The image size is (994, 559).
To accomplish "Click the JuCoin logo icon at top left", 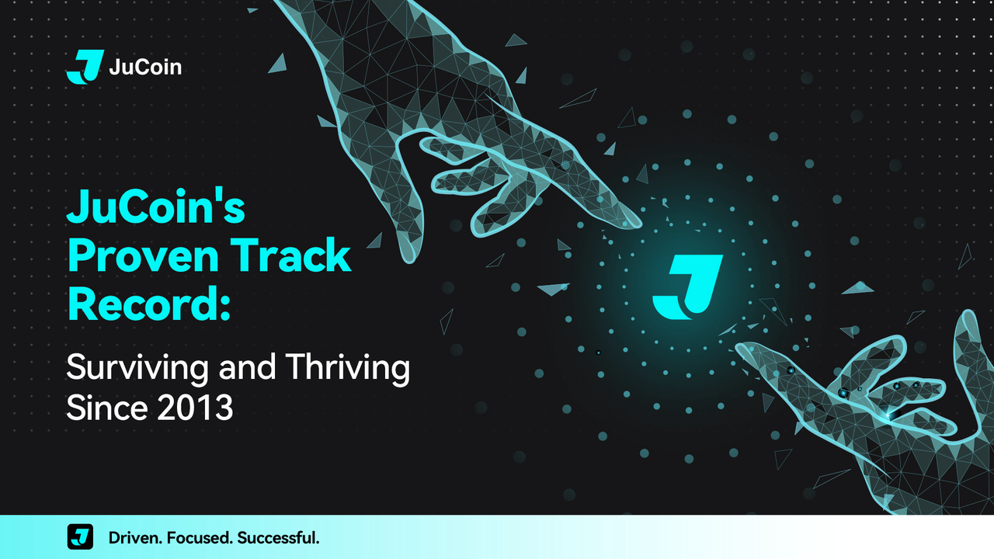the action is click(x=85, y=67).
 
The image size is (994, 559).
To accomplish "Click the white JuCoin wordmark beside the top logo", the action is click(x=145, y=67).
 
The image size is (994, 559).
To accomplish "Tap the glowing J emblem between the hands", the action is click(x=687, y=287).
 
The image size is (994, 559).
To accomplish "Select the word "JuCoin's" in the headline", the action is click(x=156, y=207).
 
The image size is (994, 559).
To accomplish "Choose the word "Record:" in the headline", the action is click(x=149, y=304).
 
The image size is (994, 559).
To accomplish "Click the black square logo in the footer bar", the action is click(x=80, y=536).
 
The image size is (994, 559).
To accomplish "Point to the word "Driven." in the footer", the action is click(x=135, y=538).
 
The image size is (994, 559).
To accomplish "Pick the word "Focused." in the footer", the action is click(x=200, y=538).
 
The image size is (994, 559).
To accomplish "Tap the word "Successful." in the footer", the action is click(x=278, y=538).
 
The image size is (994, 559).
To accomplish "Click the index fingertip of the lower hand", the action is click(x=739, y=347).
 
